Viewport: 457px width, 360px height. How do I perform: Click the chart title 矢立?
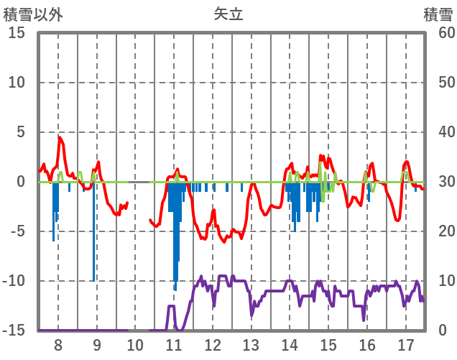click(x=228, y=14)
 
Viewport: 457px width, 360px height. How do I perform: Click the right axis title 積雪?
click(x=437, y=14)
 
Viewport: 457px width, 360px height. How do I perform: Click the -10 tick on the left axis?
click(x=14, y=281)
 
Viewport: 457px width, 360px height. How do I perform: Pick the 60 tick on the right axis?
click(x=438, y=33)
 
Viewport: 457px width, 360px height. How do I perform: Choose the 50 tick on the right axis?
click(x=438, y=83)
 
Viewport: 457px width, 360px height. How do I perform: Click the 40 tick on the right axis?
click(x=438, y=132)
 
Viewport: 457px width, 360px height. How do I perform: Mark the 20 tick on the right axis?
click(x=438, y=231)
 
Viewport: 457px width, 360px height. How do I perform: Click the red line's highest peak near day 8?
click(x=60, y=137)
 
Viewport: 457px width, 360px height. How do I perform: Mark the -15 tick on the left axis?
click(x=14, y=331)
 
